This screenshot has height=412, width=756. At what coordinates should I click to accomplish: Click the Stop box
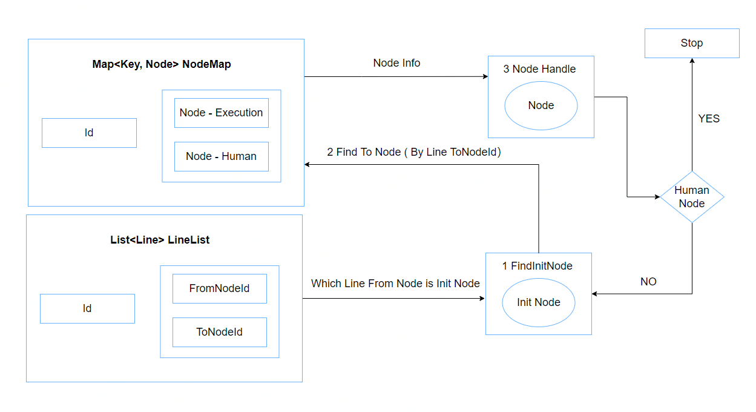(692, 43)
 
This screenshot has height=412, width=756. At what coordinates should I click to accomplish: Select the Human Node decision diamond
(692, 197)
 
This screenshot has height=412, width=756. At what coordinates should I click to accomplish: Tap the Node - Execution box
(222, 113)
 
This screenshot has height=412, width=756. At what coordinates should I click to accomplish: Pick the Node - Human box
(222, 156)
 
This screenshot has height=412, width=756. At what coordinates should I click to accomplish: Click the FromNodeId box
(220, 288)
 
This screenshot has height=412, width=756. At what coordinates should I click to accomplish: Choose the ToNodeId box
(220, 332)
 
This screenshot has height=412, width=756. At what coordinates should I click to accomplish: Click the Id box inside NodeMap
(89, 133)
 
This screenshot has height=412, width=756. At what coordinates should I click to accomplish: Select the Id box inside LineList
(87, 308)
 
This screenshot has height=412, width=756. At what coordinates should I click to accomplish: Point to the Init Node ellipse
(539, 302)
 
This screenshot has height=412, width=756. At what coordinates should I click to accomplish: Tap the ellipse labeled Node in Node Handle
(541, 105)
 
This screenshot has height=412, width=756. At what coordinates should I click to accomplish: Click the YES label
(709, 119)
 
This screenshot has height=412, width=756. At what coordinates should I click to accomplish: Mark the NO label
(648, 281)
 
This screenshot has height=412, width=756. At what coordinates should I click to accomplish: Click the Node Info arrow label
(396, 63)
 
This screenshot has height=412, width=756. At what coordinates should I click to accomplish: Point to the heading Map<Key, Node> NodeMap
(162, 64)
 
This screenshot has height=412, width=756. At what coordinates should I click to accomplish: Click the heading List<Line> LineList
(160, 240)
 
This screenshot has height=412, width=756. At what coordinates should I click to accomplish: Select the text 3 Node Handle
(539, 69)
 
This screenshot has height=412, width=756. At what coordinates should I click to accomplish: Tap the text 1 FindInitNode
(537, 266)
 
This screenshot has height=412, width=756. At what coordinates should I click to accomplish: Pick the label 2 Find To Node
(364, 152)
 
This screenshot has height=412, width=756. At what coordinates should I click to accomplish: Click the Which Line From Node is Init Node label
(395, 284)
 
